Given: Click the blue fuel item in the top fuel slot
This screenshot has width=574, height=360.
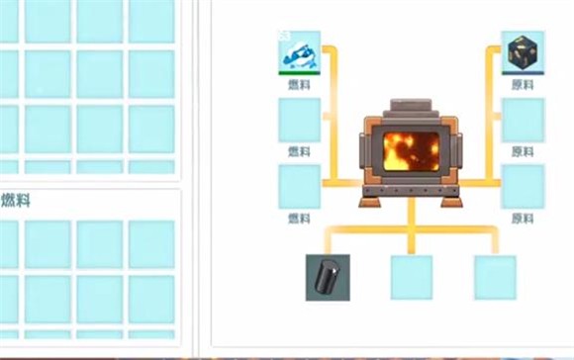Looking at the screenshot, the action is click(x=299, y=51).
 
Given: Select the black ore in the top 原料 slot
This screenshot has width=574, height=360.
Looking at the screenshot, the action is click(x=523, y=51).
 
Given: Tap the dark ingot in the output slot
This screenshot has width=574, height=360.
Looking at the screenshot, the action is click(x=328, y=277).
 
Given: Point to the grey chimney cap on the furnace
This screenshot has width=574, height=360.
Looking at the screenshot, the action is click(x=411, y=107).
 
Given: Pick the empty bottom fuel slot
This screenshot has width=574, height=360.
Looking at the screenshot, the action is click(x=299, y=186).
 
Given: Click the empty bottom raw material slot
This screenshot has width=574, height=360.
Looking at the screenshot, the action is click(x=523, y=186).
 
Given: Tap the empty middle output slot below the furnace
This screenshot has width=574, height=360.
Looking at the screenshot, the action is click(x=411, y=277).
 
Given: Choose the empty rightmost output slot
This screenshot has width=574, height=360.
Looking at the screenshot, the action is click(x=495, y=277).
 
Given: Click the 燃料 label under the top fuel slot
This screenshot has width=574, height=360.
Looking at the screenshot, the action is click(x=299, y=85).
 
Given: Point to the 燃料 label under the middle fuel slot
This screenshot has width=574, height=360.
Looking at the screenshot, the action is click(x=299, y=151).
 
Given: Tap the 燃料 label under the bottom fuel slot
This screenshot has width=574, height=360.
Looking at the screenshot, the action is click(x=299, y=218).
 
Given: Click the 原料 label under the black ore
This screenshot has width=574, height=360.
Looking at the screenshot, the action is click(x=523, y=85).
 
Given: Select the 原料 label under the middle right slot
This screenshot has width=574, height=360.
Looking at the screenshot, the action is click(x=523, y=151).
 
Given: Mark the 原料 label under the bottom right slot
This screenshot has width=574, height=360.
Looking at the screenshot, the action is click(x=523, y=218).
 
